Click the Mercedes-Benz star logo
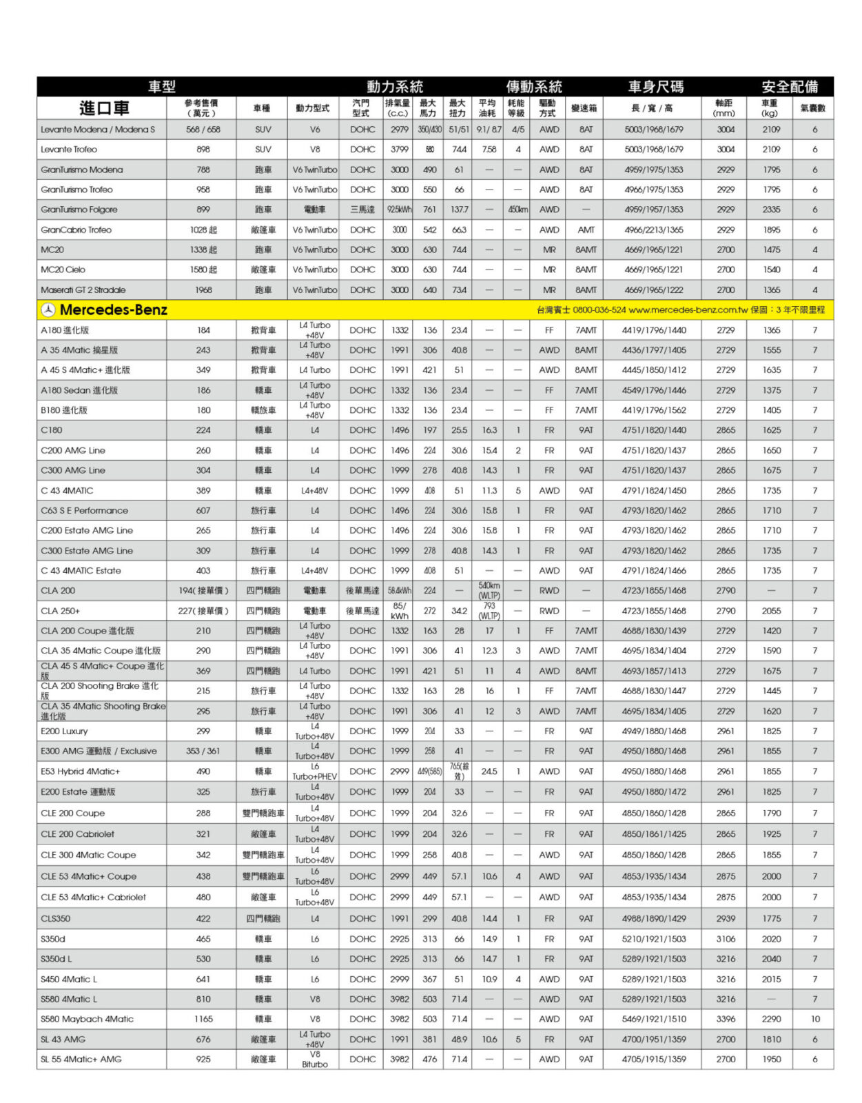click(48, 310)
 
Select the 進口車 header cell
click(103, 108)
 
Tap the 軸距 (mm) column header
click(724, 108)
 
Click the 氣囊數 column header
click(813, 108)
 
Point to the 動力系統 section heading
click(394, 87)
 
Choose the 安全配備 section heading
click(790, 87)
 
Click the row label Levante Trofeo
click(69, 150)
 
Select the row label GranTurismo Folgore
click(79, 210)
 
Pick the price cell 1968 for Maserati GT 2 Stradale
click(203, 290)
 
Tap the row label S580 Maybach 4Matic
click(87, 1019)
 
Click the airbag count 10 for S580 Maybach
click(815, 1019)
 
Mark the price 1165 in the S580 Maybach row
click(203, 1019)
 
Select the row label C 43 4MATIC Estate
click(81, 571)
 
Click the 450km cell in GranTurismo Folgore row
click(517, 210)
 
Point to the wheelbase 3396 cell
click(725, 1019)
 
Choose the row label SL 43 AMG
click(63, 1040)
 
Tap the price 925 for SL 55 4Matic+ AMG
click(203, 1060)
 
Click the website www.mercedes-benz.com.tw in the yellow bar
click(688, 310)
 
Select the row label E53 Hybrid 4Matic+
click(80, 771)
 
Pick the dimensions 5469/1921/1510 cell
click(654, 1019)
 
